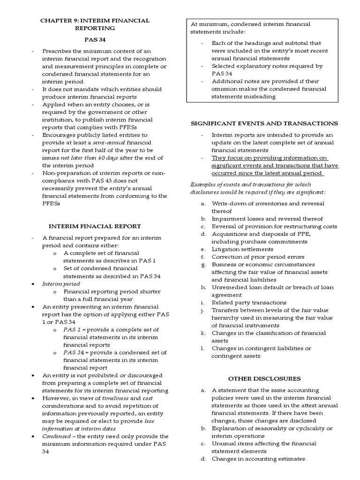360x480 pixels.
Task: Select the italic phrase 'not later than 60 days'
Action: click(83, 158)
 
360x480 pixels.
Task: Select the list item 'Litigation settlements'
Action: click(242, 249)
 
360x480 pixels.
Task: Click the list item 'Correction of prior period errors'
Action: click(258, 257)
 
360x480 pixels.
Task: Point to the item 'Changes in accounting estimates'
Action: click(258, 458)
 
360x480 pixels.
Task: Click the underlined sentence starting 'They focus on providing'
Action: click(270, 165)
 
